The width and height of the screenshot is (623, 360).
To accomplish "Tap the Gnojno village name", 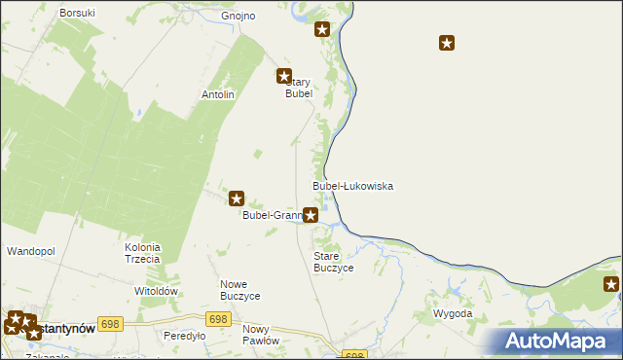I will [x=238, y=17].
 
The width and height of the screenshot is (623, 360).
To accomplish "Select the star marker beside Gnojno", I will [x=322, y=30].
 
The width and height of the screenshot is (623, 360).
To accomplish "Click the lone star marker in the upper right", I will [x=447, y=43].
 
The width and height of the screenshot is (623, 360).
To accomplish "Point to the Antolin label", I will [x=218, y=94].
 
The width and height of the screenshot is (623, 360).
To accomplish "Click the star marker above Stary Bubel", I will [x=284, y=76].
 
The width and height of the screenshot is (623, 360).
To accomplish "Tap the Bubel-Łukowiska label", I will [x=352, y=185].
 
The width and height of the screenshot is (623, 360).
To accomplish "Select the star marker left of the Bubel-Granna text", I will [x=237, y=198].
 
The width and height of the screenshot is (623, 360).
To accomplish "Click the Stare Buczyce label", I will [x=333, y=261].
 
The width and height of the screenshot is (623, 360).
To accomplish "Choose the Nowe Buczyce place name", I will [x=239, y=289].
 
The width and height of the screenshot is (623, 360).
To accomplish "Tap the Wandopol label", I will [x=31, y=251].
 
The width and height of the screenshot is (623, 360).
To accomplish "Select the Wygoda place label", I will [x=453, y=314].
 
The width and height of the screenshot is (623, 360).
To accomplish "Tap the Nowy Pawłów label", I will [x=261, y=335].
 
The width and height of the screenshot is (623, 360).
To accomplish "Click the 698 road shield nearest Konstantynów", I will [x=110, y=324].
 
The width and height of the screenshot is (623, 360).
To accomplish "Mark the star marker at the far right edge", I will [x=611, y=284].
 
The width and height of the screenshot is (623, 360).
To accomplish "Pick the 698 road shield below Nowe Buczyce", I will [x=218, y=319].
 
